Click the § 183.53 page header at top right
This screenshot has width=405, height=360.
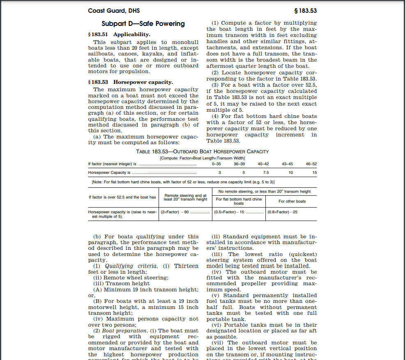(306, 11)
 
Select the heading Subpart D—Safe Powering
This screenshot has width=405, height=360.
(143, 24)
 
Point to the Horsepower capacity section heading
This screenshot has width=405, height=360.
(131, 82)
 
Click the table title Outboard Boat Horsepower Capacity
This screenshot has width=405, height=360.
(202, 152)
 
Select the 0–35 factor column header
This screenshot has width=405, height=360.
(216, 164)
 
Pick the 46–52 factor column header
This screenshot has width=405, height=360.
(311, 164)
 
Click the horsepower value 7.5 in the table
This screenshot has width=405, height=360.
(266, 173)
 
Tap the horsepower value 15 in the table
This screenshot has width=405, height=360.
(315, 173)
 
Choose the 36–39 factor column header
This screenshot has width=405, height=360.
(239, 164)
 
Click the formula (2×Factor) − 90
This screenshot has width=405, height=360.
(175, 212)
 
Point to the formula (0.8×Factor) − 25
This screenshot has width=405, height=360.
(282, 212)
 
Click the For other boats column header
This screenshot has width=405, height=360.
(292, 201)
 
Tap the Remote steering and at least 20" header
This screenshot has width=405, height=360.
(185, 198)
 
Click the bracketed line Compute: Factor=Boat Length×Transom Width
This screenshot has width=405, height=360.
(202, 158)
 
